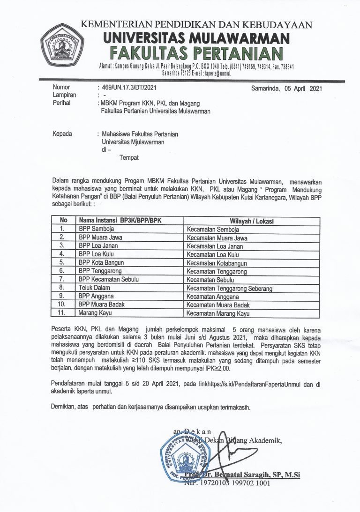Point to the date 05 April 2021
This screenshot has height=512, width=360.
[x=300, y=88]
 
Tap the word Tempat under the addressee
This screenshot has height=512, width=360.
[x=129, y=158]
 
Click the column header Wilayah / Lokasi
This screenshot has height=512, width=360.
[x=251, y=221]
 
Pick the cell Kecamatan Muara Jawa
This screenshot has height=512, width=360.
[x=217, y=238]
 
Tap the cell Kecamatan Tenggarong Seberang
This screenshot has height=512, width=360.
[x=229, y=288]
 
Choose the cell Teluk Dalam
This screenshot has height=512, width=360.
[x=94, y=288]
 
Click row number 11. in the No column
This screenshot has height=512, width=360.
[x=60, y=313]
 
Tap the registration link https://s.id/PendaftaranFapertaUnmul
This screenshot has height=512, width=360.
[x=250, y=384]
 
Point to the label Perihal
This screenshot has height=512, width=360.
[x=61, y=103]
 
